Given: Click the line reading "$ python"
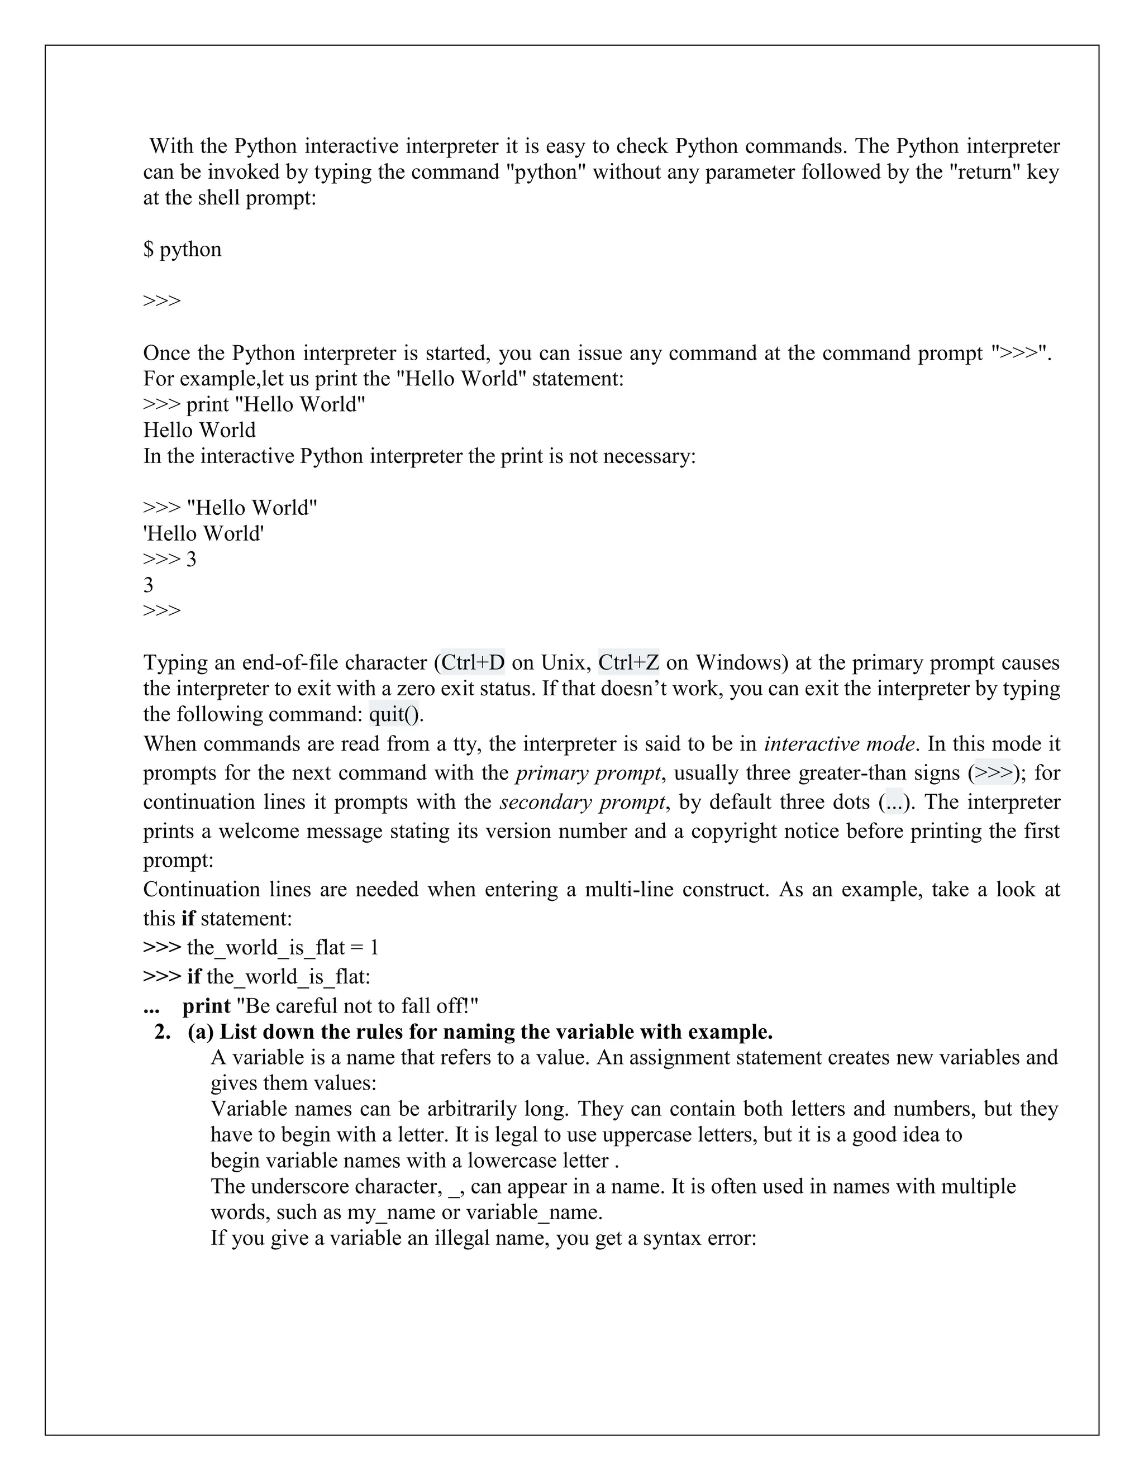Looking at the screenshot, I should coord(182,250).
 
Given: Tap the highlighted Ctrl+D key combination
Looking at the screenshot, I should coord(473,662).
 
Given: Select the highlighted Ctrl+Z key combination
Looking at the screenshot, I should coord(628,662).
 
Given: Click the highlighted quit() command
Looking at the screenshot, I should coord(395,714).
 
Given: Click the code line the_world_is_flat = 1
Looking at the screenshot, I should coord(282,947).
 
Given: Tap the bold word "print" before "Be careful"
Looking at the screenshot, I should coord(206,1006).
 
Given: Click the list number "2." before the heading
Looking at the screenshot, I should coord(163,1032).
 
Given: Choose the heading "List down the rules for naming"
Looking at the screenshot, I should coord(495,1032).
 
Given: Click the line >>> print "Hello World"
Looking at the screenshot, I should coord(254,404).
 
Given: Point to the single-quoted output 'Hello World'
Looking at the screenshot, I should coord(203,534).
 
